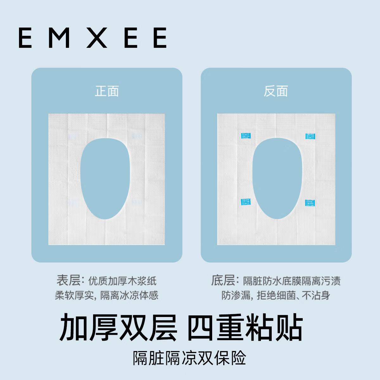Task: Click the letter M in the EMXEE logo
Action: click(x=59, y=38)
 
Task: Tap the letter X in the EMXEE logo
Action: click(x=97, y=38)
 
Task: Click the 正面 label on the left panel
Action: click(x=107, y=92)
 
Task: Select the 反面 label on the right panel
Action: click(x=276, y=92)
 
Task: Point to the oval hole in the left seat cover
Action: click(x=105, y=179)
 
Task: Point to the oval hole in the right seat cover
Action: click(x=277, y=179)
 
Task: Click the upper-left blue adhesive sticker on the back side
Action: click(x=246, y=136)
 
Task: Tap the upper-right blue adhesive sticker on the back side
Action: click(x=310, y=136)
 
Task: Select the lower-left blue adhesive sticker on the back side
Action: click(x=245, y=202)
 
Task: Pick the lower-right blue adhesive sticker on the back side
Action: click(x=310, y=203)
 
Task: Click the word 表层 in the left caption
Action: click(x=68, y=280)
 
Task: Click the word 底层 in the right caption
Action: click(x=223, y=280)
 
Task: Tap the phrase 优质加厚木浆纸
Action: click(x=122, y=281)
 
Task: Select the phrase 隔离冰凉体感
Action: click(x=129, y=295)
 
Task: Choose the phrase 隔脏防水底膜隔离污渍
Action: click(x=292, y=281)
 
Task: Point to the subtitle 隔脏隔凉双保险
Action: click(x=189, y=358)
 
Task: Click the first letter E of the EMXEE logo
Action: click(x=25, y=38)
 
